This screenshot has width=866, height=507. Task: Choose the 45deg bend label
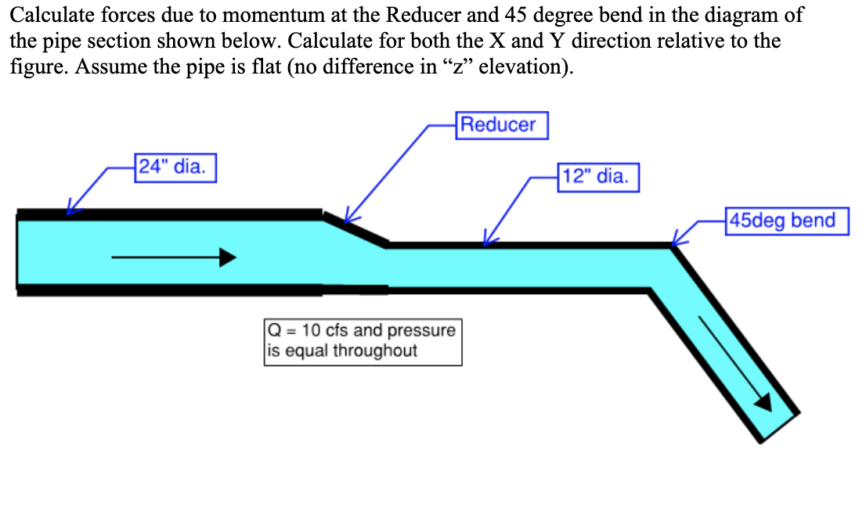(x=787, y=221)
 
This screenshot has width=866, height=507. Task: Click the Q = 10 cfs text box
(x=363, y=340)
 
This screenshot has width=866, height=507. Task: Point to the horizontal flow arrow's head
(x=228, y=257)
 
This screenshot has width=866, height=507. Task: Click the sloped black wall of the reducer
(x=355, y=228)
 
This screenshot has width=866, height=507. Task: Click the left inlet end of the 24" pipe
(x=18, y=253)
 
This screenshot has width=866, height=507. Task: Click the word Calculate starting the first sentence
(x=44, y=15)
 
